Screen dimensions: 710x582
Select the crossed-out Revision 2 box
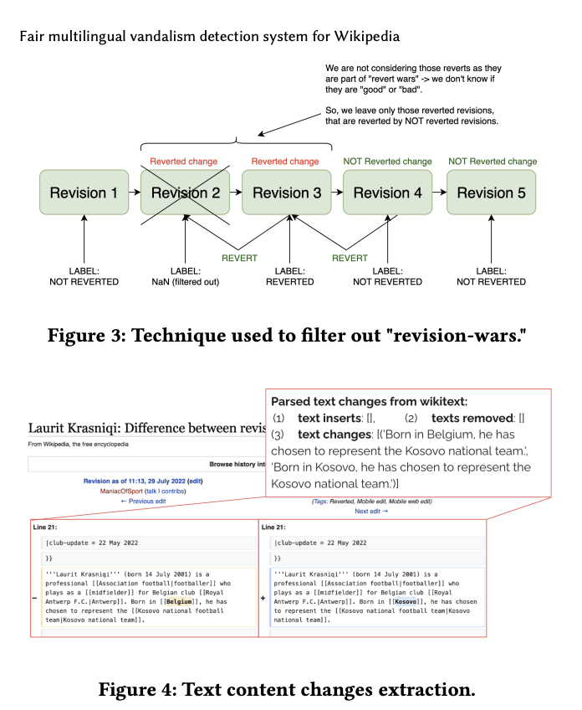click(185, 193)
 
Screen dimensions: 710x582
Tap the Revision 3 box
click(286, 193)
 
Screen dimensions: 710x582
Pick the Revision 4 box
click(387, 193)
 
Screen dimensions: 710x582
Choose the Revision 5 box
click(491, 193)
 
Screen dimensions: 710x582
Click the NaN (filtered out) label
click(185, 282)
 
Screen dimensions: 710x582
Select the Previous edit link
click(143, 501)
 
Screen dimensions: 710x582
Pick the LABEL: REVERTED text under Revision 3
click(289, 276)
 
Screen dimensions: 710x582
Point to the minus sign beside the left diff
click(34, 599)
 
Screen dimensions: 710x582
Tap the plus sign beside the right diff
click(263, 599)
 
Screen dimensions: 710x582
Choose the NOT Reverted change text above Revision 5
click(493, 162)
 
